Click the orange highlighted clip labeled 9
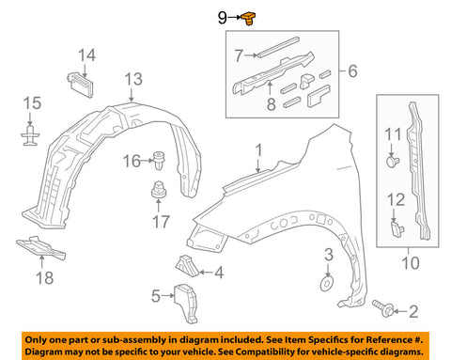[x=248, y=19]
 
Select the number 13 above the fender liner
[x=133, y=79]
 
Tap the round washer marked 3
[x=327, y=283]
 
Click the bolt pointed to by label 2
[x=382, y=308]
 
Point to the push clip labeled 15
[x=30, y=135]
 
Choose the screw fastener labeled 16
[x=159, y=160]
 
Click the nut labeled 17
[x=158, y=189]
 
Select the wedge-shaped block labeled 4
[x=187, y=266]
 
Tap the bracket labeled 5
[x=186, y=304]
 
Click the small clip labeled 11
[x=393, y=162]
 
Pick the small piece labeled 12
[x=397, y=228]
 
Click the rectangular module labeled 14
[x=81, y=85]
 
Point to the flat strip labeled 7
[x=278, y=48]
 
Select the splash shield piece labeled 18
[x=40, y=247]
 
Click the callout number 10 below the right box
[x=410, y=262]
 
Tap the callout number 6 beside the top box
[x=352, y=70]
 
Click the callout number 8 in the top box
[x=271, y=103]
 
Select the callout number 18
[x=44, y=278]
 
